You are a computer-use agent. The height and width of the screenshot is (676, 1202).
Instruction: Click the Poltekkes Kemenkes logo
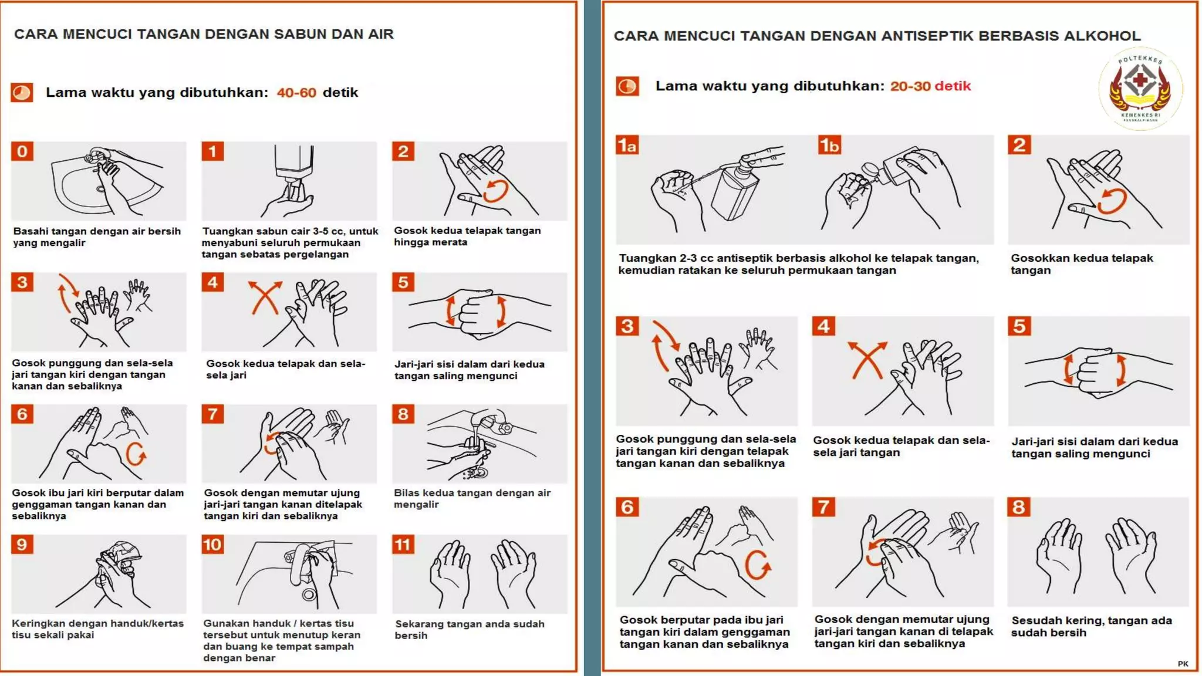[1140, 88]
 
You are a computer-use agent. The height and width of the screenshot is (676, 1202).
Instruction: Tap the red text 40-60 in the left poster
[296, 93]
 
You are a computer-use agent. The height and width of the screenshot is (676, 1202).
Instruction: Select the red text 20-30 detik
[930, 86]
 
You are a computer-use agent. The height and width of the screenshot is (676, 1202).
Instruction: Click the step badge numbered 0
[22, 151]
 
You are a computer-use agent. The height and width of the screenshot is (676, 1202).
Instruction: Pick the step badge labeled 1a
[627, 145]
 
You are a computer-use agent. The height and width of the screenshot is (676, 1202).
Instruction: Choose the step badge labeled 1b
[829, 145]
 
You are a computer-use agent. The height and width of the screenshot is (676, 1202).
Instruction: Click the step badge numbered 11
[403, 545]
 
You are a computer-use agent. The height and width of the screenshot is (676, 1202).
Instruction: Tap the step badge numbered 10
[212, 545]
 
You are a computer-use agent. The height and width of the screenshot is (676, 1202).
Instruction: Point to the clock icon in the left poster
[22, 93]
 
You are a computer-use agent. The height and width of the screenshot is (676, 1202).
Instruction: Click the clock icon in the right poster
[627, 86]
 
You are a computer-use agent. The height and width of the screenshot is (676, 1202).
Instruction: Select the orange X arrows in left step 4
[265, 298]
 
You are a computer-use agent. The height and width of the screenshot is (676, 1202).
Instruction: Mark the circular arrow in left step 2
[496, 191]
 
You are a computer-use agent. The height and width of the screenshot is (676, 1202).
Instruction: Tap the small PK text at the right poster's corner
[1183, 664]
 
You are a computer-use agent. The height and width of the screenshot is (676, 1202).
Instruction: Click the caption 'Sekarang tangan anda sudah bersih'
[470, 629]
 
